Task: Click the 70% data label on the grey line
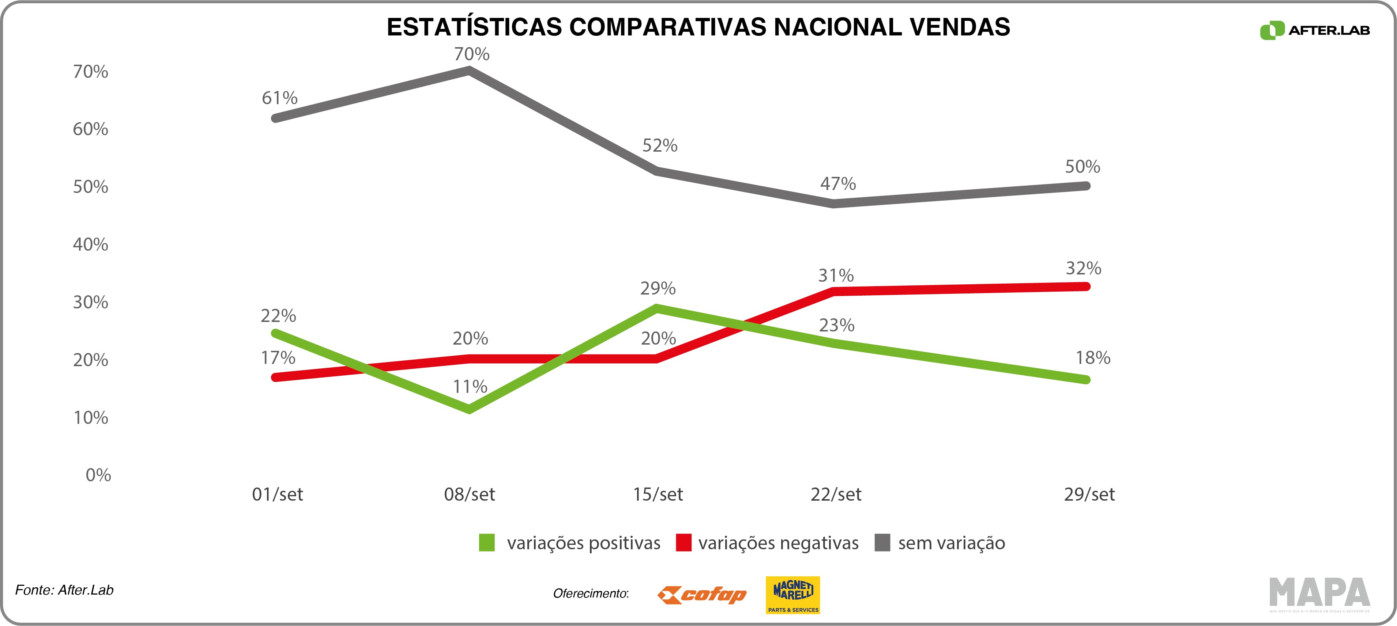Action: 471,54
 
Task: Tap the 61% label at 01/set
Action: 279,98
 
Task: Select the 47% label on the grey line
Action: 837,184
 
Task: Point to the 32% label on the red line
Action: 1083,268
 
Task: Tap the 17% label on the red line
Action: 278,358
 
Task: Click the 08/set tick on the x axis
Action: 469,494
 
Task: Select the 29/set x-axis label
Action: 1089,494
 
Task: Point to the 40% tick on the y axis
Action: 91,244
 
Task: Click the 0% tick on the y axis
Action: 98,475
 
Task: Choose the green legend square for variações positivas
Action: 486,543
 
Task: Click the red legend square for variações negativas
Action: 683,543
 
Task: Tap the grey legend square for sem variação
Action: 882,543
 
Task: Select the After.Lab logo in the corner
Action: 1315,30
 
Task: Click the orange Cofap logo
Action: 702,595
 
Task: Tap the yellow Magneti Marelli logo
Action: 792,595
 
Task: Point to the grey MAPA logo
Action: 1319,593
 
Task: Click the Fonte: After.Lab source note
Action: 64,590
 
